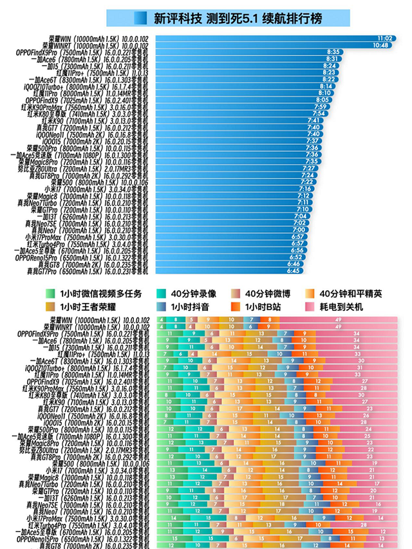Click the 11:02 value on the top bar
[385, 39]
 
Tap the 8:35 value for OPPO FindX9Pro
[333, 51]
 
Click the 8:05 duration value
[323, 99]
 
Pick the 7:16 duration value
[305, 189]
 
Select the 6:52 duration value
[296, 257]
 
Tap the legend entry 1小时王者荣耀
[91, 307]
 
